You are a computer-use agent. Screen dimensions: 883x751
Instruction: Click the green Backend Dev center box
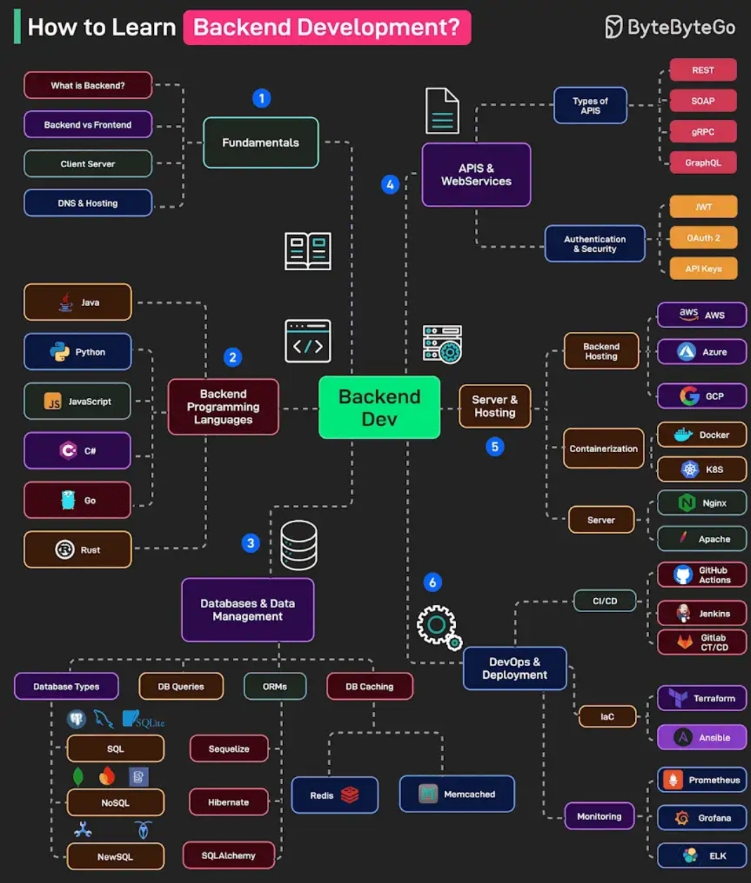tap(379, 408)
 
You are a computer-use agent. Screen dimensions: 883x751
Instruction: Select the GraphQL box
tap(703, 163)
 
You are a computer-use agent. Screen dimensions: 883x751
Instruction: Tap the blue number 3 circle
tap(251, 543)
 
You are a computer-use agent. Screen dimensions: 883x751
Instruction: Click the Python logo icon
tap(59, 352)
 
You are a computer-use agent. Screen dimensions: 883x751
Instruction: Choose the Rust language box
tap(77, 550)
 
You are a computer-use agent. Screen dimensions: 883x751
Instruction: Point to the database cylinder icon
tap(299, 545)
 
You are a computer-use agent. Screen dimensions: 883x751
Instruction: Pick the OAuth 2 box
tap(703, 238)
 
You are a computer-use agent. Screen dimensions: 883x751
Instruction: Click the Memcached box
tap(457, 794)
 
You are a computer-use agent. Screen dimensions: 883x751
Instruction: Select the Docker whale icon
tap(683, 435)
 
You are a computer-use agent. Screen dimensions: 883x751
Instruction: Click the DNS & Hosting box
tap(88, 203)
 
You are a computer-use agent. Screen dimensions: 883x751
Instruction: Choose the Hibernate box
tap(228, 802)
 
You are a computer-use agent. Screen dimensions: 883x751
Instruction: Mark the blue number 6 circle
tap(433, 582)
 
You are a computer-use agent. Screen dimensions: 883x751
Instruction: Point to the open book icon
tap(308, 251)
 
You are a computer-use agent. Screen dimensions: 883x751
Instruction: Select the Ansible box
tap(701, 738)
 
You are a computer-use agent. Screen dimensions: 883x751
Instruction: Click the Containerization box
tap(603, 449)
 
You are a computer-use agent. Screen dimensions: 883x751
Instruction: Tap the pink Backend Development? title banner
tap(327, 27)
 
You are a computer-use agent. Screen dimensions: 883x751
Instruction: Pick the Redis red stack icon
tap(350, 795)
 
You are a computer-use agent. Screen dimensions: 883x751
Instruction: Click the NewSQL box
tap(115, 857)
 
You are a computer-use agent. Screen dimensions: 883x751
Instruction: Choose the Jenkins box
tap(701, 613)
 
